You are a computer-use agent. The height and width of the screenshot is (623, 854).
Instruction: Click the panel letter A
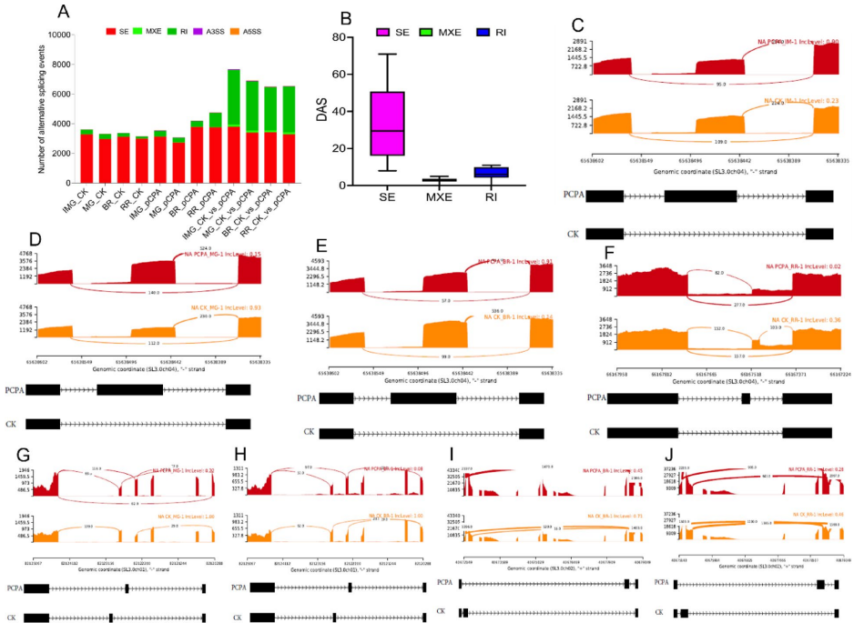click(x=63, y=12)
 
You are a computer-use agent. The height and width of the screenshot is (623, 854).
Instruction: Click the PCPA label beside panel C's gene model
click(x=574, y=194)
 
